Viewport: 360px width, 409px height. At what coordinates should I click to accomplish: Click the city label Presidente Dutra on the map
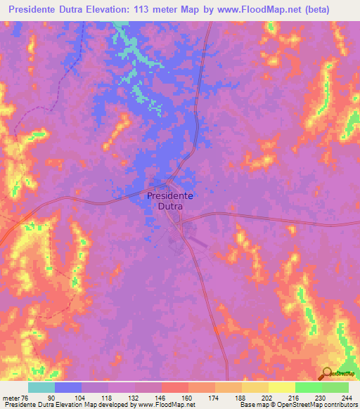coord(170,202)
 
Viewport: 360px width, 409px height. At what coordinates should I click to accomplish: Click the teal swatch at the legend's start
coord(41,387)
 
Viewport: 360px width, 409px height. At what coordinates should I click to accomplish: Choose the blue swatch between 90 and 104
coord(68,387)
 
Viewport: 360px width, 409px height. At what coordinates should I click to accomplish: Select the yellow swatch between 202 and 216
coord(281,387)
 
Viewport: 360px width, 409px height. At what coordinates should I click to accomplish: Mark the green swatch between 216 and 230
coord(308,387)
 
